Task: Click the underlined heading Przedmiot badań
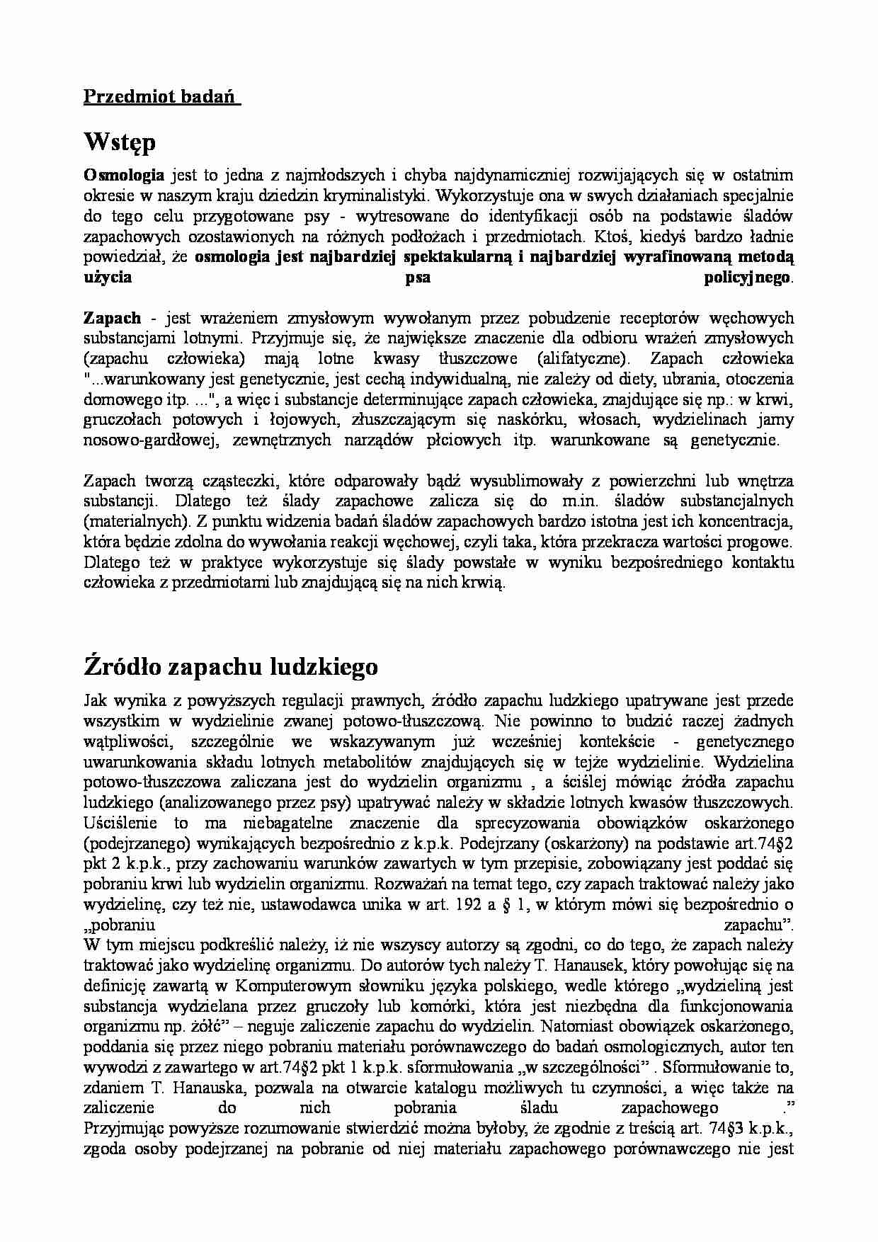pos(161,97)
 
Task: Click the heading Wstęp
pos(119,142)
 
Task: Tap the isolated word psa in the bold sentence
pos(417,278)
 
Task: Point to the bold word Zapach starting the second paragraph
pos(112,319)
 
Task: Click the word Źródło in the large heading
pos(127,666)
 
